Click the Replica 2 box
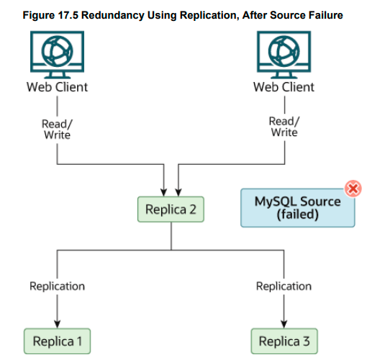pyautogui.click(x=171, y=209)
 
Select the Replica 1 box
pyautogui.click(x=57, y=341)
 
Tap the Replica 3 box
pyautogui.click(x=284, y=341)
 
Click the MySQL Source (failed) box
pyautogui.click(x=298, y=208)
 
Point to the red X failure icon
pyautogui.click(x=353, y=189)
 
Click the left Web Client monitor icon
pyautogui.click(x=57, y=55)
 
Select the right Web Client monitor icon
pyautogui.click(x=284, y=55)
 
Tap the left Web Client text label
pyautogui.click(x=57, y=87)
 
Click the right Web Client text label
pyautogui.click(x=284, y=87)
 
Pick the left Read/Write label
pyautogui.click(x=57, y=130)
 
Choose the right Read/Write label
pyautogui.click(x=284, y=127)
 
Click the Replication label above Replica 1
pyautogui.click(x=57, y=287)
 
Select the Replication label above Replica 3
pyautogui.click(x=284, y=287)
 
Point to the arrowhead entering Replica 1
pyautogui.click(x=57, y=324)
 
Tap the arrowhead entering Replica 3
pyautogui.click(x=284, y=324)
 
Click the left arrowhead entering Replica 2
pyautogui.click(x=164, y=192)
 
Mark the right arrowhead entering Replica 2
pyautogui.click(x=178, y=192)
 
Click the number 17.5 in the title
pyautogui.click(x=68, y=15)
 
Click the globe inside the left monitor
pyautogui.click(x=57, y=51)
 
